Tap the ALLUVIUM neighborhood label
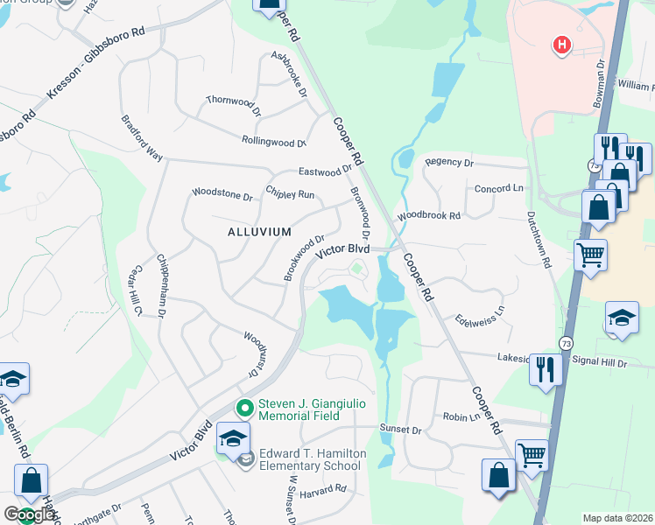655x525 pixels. coord(259,232)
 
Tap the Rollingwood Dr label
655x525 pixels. coord(273,141)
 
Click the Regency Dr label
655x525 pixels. coord(448,163)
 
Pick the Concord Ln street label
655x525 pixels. coord(497,189)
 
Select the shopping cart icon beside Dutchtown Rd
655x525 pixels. coord(590,255)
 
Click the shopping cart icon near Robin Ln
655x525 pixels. coord(532,454)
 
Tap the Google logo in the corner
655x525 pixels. coord(29,514)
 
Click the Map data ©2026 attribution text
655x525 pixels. coord(617,518)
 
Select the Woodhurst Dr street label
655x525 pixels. coord(254,353)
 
